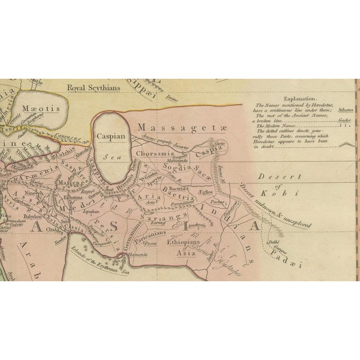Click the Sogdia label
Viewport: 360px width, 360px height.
point(175,167)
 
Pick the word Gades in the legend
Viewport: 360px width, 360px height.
point(344,120)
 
